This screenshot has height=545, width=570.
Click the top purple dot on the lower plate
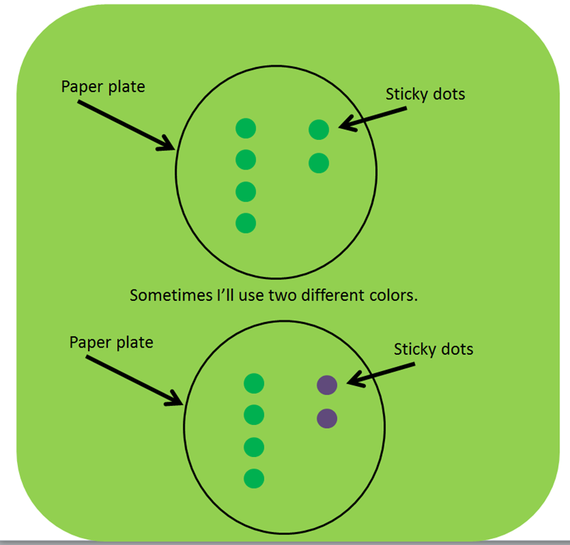click(x=327, y=385)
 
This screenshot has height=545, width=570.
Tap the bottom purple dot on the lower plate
click(x=327, y=418)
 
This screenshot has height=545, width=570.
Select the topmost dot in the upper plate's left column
click(x=246, y=128)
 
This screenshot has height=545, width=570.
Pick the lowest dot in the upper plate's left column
click(x=246, y=223)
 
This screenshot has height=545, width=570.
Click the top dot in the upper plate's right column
click(x=319, y=130)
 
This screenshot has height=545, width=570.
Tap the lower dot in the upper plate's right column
click(x=319, y=163)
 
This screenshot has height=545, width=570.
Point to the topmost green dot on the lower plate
click(x=253, y=383)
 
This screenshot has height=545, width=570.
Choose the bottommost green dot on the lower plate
click(x=253, y=478)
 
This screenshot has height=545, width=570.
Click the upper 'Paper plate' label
click(x=103, y=87)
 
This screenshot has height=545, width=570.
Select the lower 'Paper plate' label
click(x=111, y=343)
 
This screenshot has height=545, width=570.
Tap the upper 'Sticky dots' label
click(x=425, y=94)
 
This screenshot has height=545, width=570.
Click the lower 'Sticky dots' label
click(x=434, y=349)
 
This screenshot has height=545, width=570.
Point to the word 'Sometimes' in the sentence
click(x=172, y=295)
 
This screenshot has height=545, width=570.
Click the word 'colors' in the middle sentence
click(x=393, y=295)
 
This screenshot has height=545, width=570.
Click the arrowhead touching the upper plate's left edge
click(x=168, y=145)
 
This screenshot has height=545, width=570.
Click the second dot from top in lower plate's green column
click(x=253, y=415)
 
